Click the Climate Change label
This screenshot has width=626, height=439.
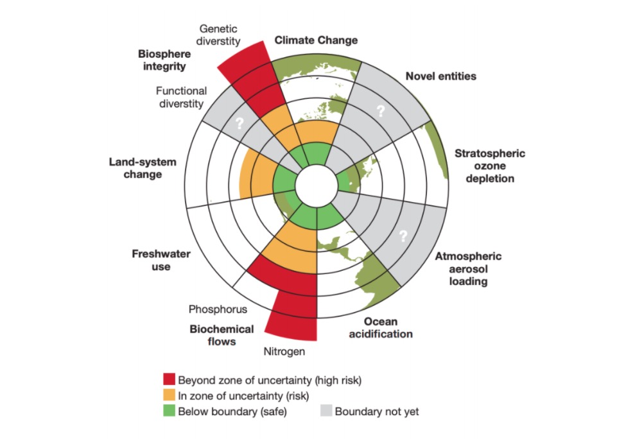[x=316, y=40]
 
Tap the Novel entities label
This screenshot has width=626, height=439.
[x=440, y=76]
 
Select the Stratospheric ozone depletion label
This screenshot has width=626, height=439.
[x=490, y=166]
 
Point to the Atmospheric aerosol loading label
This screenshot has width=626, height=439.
[x=468, y=268]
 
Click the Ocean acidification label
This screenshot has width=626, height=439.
[x=381, y=328]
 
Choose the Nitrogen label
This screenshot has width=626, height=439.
[x=284, y=352]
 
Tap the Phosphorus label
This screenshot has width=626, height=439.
[x=218, y=309]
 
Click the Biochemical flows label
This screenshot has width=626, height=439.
[x=222, y=335]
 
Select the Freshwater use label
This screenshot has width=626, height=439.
[x=161, y=260]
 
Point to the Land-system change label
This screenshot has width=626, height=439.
[x=143, y=168]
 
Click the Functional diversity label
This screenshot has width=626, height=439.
[x=181, y=98]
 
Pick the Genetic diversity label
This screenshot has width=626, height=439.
[x=218, y=35]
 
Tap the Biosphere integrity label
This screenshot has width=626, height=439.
[x=164, y=60]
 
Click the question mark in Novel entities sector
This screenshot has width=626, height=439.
[x=381, y=111]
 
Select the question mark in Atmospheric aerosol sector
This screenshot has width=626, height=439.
[x=403, y=236]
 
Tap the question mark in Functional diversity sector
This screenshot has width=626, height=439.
[x=239, y=123]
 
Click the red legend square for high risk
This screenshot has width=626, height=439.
[x=170, y=379]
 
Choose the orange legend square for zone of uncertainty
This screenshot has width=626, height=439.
[x=170, y=395]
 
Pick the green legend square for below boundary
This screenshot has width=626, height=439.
[x=170, y=411]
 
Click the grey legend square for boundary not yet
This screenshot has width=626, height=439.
[x=326, y=411]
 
